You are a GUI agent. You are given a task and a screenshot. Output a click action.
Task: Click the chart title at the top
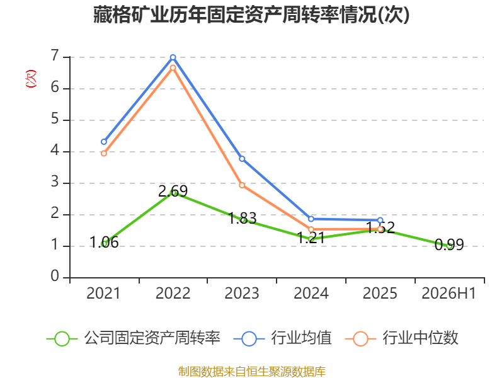coord(251,14)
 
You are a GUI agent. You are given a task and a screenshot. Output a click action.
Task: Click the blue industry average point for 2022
coord(173,57)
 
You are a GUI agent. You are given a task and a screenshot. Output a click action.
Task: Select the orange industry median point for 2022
coord(173,68)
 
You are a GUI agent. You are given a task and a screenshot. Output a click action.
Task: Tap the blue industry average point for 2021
coord(104,142)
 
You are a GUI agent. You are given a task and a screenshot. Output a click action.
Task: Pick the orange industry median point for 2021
coord(104,154)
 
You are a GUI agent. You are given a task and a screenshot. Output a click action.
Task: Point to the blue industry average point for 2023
coord(242,159)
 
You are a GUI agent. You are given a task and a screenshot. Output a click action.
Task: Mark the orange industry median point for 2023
coord(242,185)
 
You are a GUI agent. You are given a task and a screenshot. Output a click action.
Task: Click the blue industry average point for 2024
coord(311,219)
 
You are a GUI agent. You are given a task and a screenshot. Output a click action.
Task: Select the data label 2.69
coord(173,192)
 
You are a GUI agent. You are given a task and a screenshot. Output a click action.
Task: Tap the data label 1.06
coord(104,243)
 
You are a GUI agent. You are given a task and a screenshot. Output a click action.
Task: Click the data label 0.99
coord(449,244)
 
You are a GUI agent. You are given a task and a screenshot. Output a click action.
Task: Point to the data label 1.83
coord(242,218)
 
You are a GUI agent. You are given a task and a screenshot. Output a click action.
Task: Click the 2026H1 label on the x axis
coord(449,293)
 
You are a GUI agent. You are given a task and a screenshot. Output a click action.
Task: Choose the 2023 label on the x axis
coord(242,293)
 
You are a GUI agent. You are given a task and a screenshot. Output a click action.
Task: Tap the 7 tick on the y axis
coord(55,56)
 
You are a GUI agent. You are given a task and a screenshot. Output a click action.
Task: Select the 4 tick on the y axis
coord(55,151)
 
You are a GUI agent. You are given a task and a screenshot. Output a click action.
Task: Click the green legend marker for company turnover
coord(62,339)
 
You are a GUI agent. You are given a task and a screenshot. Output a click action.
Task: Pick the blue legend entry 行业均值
coord(283,338)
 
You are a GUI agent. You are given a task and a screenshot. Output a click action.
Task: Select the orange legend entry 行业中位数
coord(401,338)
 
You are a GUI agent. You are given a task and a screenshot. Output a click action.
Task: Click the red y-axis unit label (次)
coord(31,79)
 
